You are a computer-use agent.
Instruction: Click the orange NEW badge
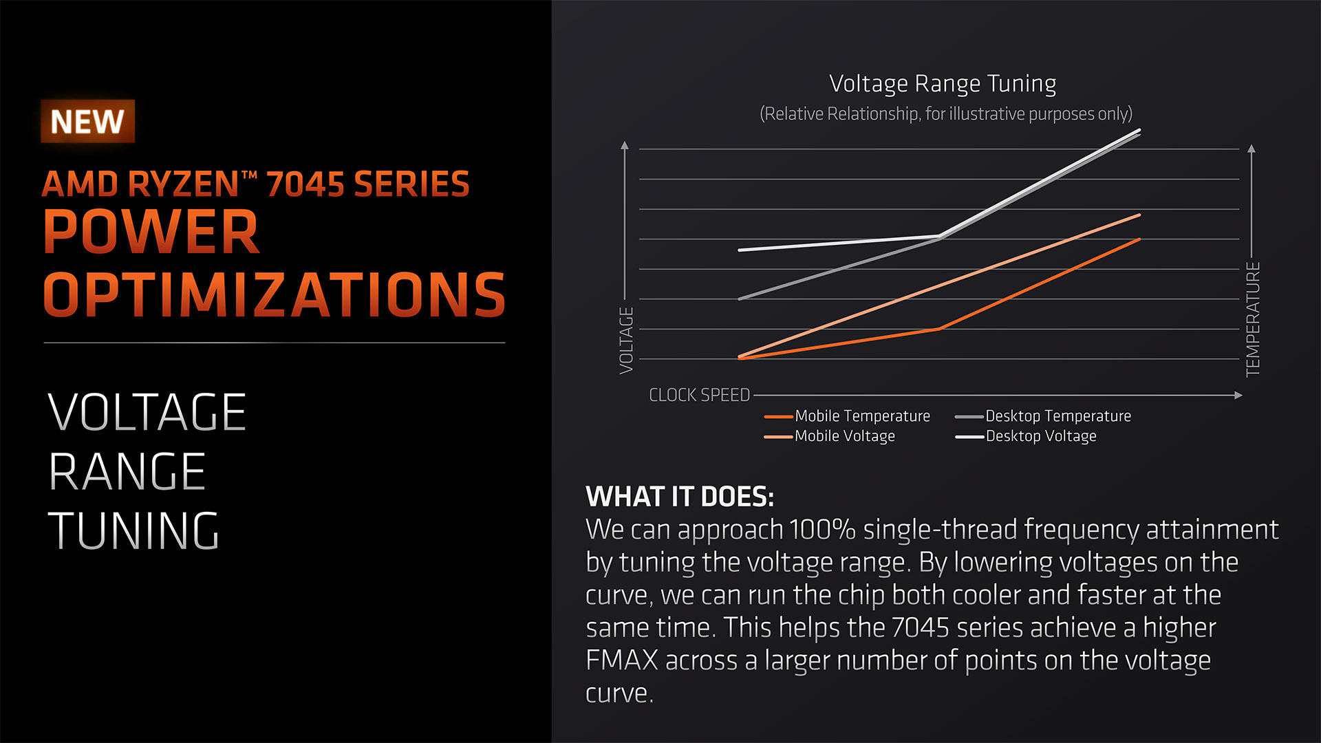tap(87, 121)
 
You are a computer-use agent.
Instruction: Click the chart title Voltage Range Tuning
tap(943, 84)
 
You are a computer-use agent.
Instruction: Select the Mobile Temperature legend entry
tap(847, 416)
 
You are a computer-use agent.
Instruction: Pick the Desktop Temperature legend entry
tap(1043, 416)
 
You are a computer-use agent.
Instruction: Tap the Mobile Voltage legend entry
tap(830, 436)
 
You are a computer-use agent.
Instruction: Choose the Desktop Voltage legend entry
tap(1026, 436)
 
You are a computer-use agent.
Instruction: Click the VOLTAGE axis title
tap(626, 341)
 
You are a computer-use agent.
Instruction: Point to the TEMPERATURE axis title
tap(1253, 319)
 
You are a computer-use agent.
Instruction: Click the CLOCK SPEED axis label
tap(700, 395)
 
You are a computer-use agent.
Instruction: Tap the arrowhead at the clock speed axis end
tap(1238, 395)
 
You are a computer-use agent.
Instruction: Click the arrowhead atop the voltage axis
tap(625, 144)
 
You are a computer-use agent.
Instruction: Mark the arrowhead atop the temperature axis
tap(1252, 148)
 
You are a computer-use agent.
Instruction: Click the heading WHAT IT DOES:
tap(680, 496)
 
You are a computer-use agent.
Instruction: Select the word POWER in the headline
tap(151, 232)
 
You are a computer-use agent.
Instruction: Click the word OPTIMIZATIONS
tap(275, 294)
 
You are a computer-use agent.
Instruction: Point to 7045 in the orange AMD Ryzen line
tap(305, 184)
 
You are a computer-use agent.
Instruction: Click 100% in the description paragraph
tap(822, 530)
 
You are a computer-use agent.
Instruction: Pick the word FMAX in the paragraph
tap(622, 660)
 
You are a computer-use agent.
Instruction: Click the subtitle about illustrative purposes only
tap(946, 114)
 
